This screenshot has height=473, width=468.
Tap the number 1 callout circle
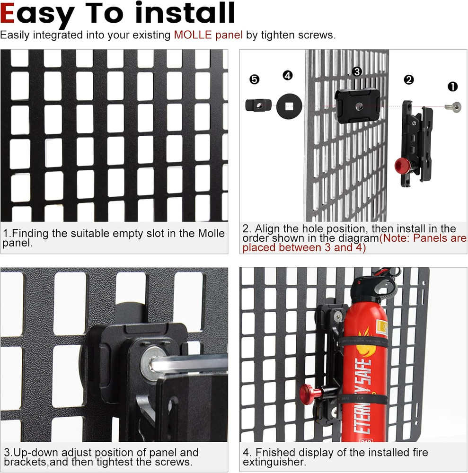coord(453,87)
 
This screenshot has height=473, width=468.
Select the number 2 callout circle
coord(409,79)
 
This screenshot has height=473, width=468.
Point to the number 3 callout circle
coord(357,71)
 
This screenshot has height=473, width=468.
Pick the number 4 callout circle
coord(288,75)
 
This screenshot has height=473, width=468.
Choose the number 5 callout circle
coord(255,79)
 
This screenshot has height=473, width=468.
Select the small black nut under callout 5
coord(257,105)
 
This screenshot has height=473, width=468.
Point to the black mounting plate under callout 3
coord(357,105)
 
